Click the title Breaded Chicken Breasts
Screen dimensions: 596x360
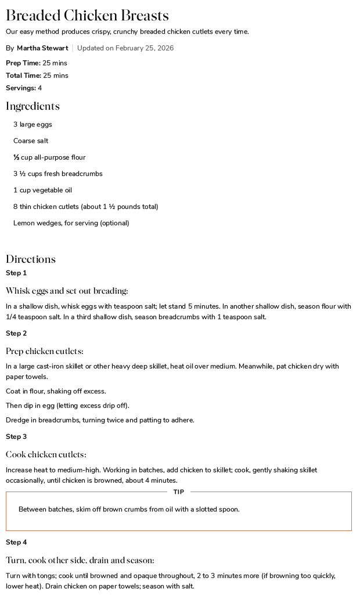(87, 16)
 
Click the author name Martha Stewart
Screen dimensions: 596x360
(42, 48)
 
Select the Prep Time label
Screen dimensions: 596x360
(23, 63)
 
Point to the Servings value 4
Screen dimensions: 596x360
(40, 88)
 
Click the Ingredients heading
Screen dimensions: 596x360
(33, 106)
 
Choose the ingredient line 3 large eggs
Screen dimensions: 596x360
(33, 124)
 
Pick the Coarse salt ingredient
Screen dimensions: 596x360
(31, 141)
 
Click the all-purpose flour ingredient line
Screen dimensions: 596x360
(49, 157)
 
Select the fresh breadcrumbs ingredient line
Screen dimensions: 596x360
(57, 174)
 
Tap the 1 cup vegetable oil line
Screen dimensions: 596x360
(42, 190)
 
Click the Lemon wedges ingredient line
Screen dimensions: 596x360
(71, 223)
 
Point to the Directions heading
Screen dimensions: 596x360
(31, 259)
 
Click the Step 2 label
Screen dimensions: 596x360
(16, 333)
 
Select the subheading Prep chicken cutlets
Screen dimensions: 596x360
(45, 351)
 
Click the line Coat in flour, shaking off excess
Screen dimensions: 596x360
(56, 391)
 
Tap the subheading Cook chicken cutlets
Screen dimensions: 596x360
(46, 454)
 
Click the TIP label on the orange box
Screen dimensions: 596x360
(179, 492)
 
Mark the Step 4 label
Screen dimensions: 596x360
(16, 542)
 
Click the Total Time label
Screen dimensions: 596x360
(23, 75)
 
